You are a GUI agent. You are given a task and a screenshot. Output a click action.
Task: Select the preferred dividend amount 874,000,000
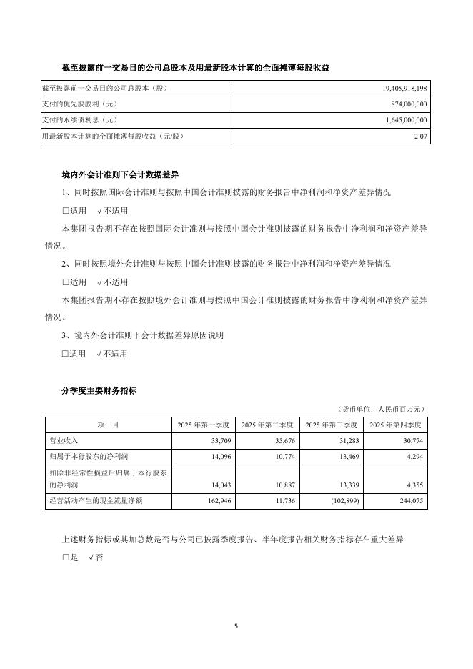click(406, 104)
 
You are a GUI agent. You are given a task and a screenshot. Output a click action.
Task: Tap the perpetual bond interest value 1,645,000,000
click(404, 120)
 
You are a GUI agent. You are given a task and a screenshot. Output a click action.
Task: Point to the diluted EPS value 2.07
click(421, 136)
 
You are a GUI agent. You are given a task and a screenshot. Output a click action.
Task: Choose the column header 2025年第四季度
click(398, 425)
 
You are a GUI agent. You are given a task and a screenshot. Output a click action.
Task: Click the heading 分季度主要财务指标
click(99, 391)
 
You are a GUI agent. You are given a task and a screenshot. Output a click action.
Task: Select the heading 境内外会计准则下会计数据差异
click(120, 174)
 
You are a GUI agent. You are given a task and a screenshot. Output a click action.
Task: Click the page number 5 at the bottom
click(236, 626)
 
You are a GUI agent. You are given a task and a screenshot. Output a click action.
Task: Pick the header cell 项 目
click(108, 425)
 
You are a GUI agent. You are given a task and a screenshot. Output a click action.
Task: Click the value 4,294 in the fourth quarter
click(414, 455)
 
